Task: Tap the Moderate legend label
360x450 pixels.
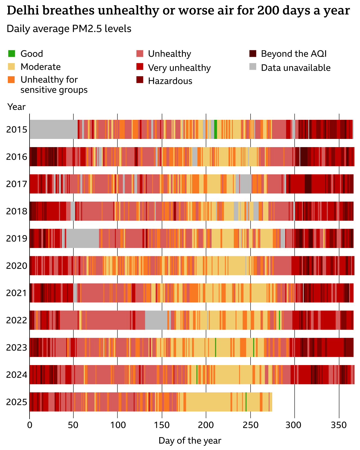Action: click(x=40, y=67)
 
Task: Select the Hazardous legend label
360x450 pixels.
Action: click(x=170, y=81)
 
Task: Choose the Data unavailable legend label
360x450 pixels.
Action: click(x=296, y=68)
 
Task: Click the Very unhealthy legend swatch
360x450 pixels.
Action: click(x=140, y=67)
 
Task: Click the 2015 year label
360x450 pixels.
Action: click(x=17, y=130)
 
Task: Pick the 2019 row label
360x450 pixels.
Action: click(x=17, y=238)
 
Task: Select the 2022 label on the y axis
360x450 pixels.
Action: click(x=17, y=320)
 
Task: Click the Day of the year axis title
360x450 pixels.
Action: click(x=190, y=440)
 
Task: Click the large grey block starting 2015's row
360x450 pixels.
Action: click(x=53, y=129)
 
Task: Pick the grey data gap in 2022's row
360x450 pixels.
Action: click(x=156, y=320)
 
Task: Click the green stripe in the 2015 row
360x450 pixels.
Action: click(x=215, y=129)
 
